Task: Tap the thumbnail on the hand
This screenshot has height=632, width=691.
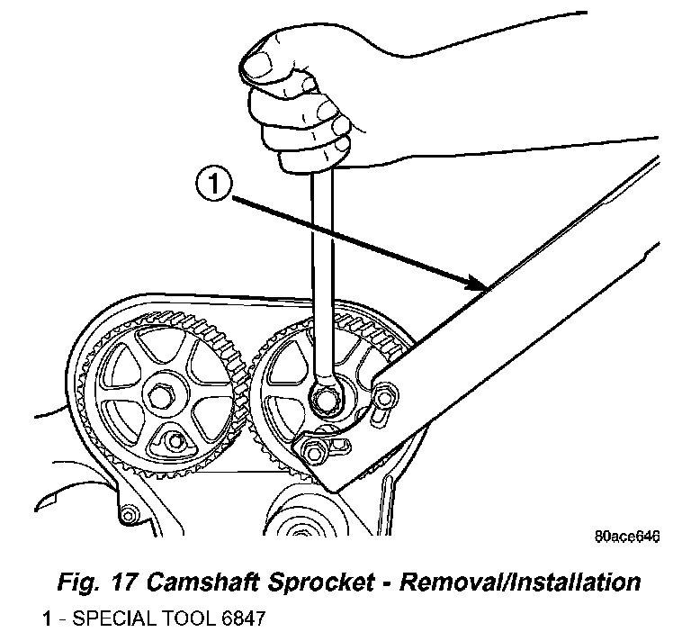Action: click(x=257, y=66)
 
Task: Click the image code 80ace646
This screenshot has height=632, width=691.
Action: click(x=627, y=537)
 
